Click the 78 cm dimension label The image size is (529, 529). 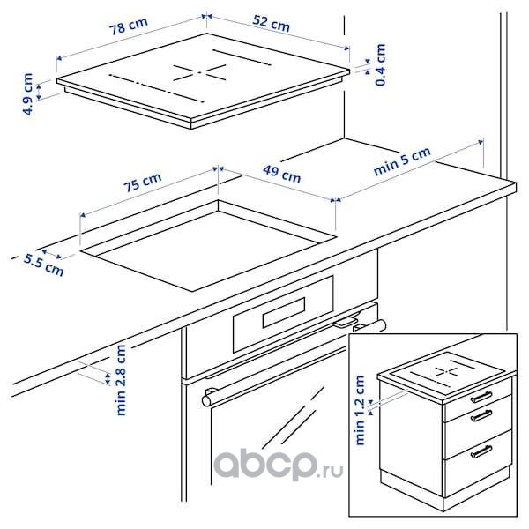pos(129,26)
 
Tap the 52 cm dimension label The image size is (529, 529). pos(272,23)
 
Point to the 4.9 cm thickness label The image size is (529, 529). pos(28,94)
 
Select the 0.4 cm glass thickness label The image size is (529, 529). pos(380,64)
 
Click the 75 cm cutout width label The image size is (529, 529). pos(142,183)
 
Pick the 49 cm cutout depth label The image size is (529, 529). pos(282,174)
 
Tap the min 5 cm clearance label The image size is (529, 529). pos(402,161)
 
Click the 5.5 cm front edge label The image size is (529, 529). pos(43,265)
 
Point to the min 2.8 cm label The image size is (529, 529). pos(121,380)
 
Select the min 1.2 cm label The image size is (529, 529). pos(360,410)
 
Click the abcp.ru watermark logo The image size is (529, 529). pos(279,466)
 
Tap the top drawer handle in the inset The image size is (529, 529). pos(481,397)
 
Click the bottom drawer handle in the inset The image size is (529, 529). pos(481,451)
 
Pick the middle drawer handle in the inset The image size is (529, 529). pos(481,415)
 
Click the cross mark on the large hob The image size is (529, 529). pos(200,72)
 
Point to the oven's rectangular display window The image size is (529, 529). pos(284,312)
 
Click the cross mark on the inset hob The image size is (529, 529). pos(447,372)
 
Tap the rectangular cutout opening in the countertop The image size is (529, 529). pos(208,246)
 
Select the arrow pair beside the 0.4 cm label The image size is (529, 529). pos(368,66)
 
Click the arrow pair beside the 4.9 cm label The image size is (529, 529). pos(39,92)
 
